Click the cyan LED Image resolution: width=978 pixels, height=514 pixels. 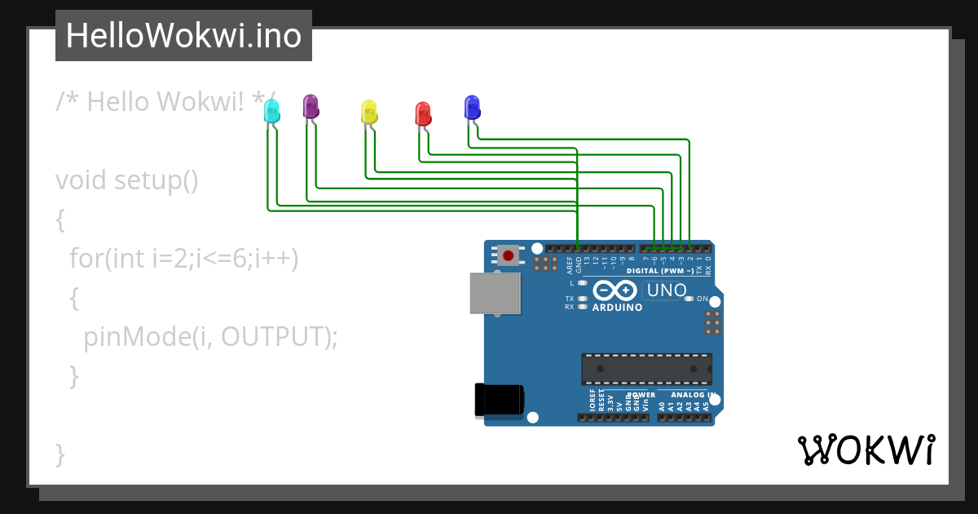pos(272,112)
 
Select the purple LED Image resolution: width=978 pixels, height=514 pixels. pos(311,107)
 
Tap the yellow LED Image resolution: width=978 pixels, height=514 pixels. pos(369,113)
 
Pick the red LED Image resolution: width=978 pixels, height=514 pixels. pos(423,114)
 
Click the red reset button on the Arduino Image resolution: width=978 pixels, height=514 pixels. pos(509,255)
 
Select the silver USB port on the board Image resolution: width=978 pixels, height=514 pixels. pos(495,293)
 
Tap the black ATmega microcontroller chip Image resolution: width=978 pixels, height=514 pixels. pos(646,369)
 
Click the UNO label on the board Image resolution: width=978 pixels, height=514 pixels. pos(665,290)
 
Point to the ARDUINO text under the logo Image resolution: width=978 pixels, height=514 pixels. pos(617,308)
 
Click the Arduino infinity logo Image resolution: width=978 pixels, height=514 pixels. pos(615,290)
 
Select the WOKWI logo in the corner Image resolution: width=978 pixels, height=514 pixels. pos(866,450)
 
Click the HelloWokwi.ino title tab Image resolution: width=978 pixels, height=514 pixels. pos(183,36)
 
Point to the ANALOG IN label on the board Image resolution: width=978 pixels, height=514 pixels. pos(693,395)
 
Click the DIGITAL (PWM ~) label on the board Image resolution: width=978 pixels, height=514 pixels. pos(660,270)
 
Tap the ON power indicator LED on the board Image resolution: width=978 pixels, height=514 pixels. pos(689,299)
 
